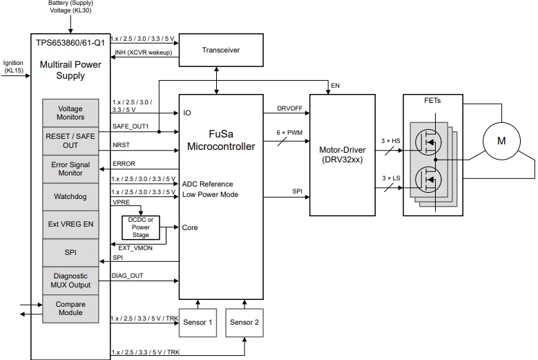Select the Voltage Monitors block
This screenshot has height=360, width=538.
[70, 113]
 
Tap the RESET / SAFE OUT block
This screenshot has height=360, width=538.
[70, 141]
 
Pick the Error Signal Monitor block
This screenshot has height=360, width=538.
[70, 169]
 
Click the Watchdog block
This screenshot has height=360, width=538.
[70, 197]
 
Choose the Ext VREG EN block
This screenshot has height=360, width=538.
[70, 225]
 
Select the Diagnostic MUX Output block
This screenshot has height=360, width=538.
[70, 280]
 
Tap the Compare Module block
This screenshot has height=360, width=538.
[70, 307]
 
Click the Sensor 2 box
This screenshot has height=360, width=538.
[245, 323]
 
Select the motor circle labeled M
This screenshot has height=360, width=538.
[501, 141]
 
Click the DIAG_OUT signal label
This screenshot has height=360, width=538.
[127, 276]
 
